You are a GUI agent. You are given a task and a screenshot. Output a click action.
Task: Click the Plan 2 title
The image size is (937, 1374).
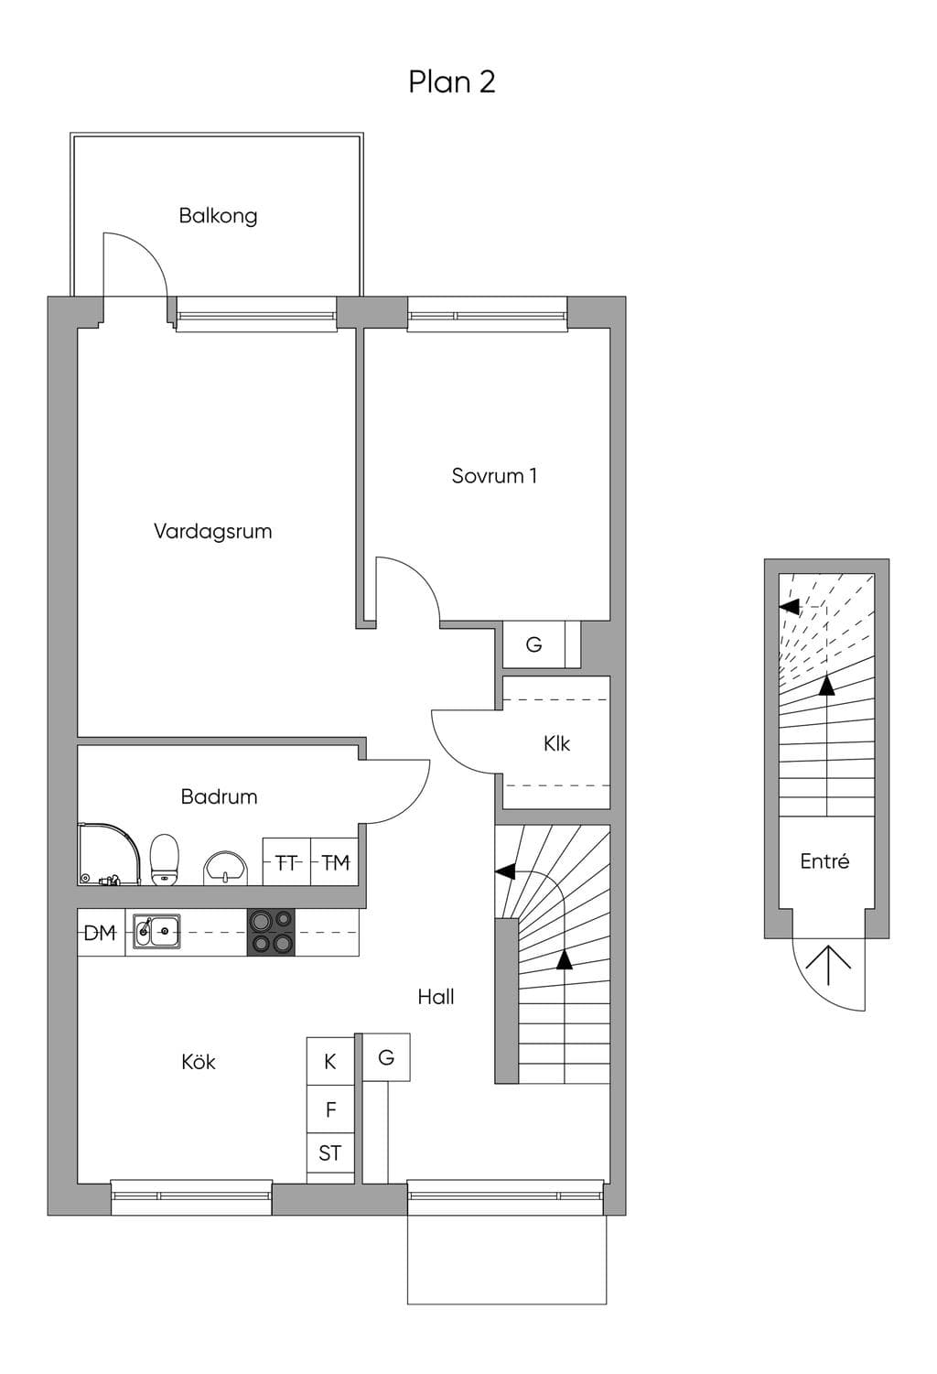452,82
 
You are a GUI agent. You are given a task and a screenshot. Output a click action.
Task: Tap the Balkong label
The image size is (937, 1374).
218,216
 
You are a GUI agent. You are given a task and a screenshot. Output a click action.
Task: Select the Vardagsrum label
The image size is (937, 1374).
213,531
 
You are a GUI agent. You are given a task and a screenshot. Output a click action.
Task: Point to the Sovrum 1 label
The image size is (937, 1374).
494,475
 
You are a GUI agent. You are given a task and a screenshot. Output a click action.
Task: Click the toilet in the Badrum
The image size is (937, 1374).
165,860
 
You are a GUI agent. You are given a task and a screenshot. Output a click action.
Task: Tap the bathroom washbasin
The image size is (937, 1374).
226,868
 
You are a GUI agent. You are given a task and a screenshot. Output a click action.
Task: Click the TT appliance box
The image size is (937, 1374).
286,861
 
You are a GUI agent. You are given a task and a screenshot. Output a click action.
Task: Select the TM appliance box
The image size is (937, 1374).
335,861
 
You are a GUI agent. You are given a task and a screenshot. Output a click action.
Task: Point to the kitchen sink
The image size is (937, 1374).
157,932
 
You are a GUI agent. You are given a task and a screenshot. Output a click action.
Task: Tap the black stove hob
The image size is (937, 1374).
271,933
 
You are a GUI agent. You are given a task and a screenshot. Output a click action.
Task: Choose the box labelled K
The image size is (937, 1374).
330,1061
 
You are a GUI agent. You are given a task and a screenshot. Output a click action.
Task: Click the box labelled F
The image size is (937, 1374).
330,1109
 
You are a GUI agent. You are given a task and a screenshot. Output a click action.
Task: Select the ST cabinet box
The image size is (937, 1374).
330,1153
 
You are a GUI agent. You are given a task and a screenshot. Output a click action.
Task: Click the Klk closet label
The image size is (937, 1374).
556,743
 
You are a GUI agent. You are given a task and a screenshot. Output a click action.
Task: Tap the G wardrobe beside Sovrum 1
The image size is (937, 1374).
533,644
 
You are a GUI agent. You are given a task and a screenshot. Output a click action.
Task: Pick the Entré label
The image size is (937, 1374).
824,861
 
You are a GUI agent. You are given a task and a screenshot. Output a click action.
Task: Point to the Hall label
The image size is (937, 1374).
436,997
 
